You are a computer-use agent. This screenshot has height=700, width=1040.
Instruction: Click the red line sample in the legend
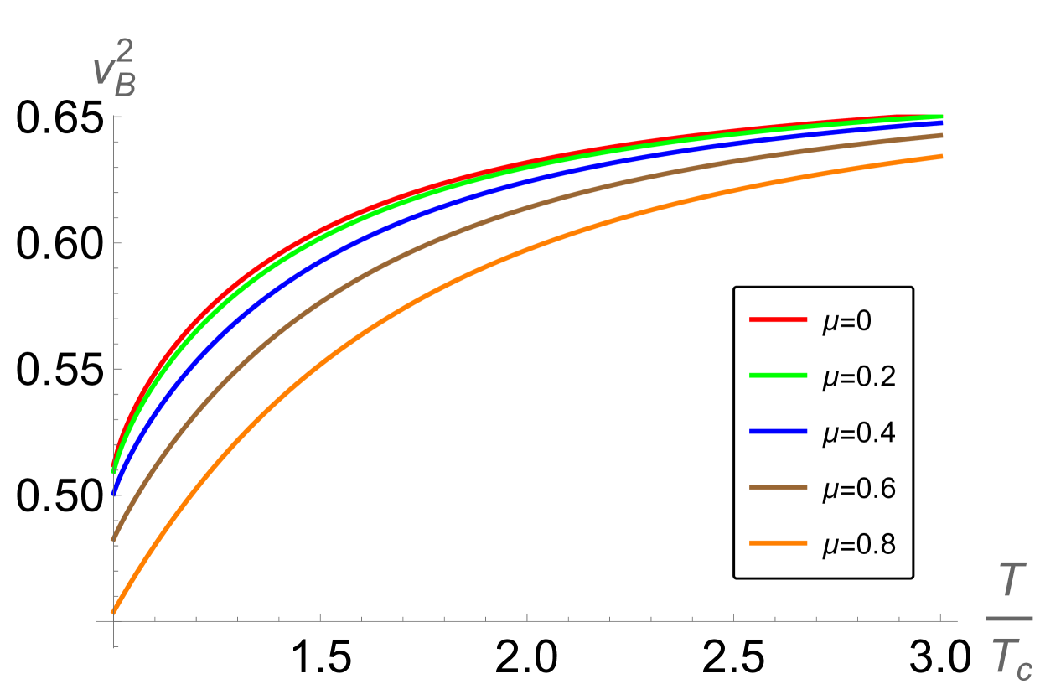click(778, 319)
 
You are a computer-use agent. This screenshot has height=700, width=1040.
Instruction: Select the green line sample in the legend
click(778, 376)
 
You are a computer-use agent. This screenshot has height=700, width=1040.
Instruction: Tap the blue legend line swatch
click(778, 431)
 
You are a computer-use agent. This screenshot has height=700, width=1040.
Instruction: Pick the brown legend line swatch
click(778, 487)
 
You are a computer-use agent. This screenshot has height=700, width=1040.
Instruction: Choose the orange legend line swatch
click(778, 543)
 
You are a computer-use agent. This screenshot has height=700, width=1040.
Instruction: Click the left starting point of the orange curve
click(114, 612)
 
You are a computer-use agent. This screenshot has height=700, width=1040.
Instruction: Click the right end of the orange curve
click(942, 156)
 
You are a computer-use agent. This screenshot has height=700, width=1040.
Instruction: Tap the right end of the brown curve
click(942, 135)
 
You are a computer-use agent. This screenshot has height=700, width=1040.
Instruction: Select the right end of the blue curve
click(942, 122)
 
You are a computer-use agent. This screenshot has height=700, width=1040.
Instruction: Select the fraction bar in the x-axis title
click(1008, 619)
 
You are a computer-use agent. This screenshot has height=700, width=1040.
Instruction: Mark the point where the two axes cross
click(114, 621)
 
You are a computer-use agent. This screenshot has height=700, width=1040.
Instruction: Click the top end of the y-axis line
click(114, 117)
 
